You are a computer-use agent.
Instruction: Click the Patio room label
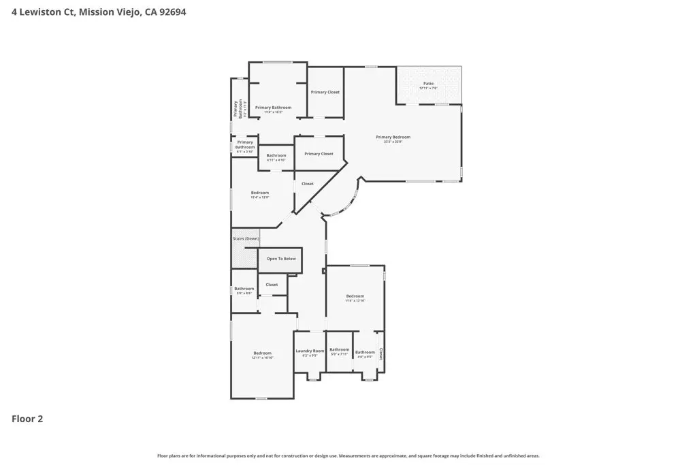point(428,83)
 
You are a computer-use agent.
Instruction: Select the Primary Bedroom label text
point(393,137)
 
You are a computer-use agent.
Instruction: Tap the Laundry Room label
point(310,351)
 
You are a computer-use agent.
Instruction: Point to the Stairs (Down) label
point(246,238)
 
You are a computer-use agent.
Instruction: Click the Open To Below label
point(281,259)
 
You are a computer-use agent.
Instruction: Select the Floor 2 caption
point(27,419)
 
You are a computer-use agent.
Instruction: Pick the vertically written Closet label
point(380,353)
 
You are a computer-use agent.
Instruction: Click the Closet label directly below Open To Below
point(272,285)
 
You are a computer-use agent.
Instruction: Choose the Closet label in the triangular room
point(308,184)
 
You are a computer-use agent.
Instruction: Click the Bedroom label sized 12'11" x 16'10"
point(263,353)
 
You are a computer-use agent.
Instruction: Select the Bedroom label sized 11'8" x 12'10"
point(355,296)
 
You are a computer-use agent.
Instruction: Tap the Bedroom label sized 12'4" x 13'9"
point(260,193)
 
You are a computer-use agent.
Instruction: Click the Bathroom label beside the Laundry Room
point(339,349)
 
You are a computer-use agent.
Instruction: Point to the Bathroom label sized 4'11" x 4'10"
point(276,155)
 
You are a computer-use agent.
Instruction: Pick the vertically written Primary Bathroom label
point(237,109)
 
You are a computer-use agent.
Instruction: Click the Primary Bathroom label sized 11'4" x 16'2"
point(273,108)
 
